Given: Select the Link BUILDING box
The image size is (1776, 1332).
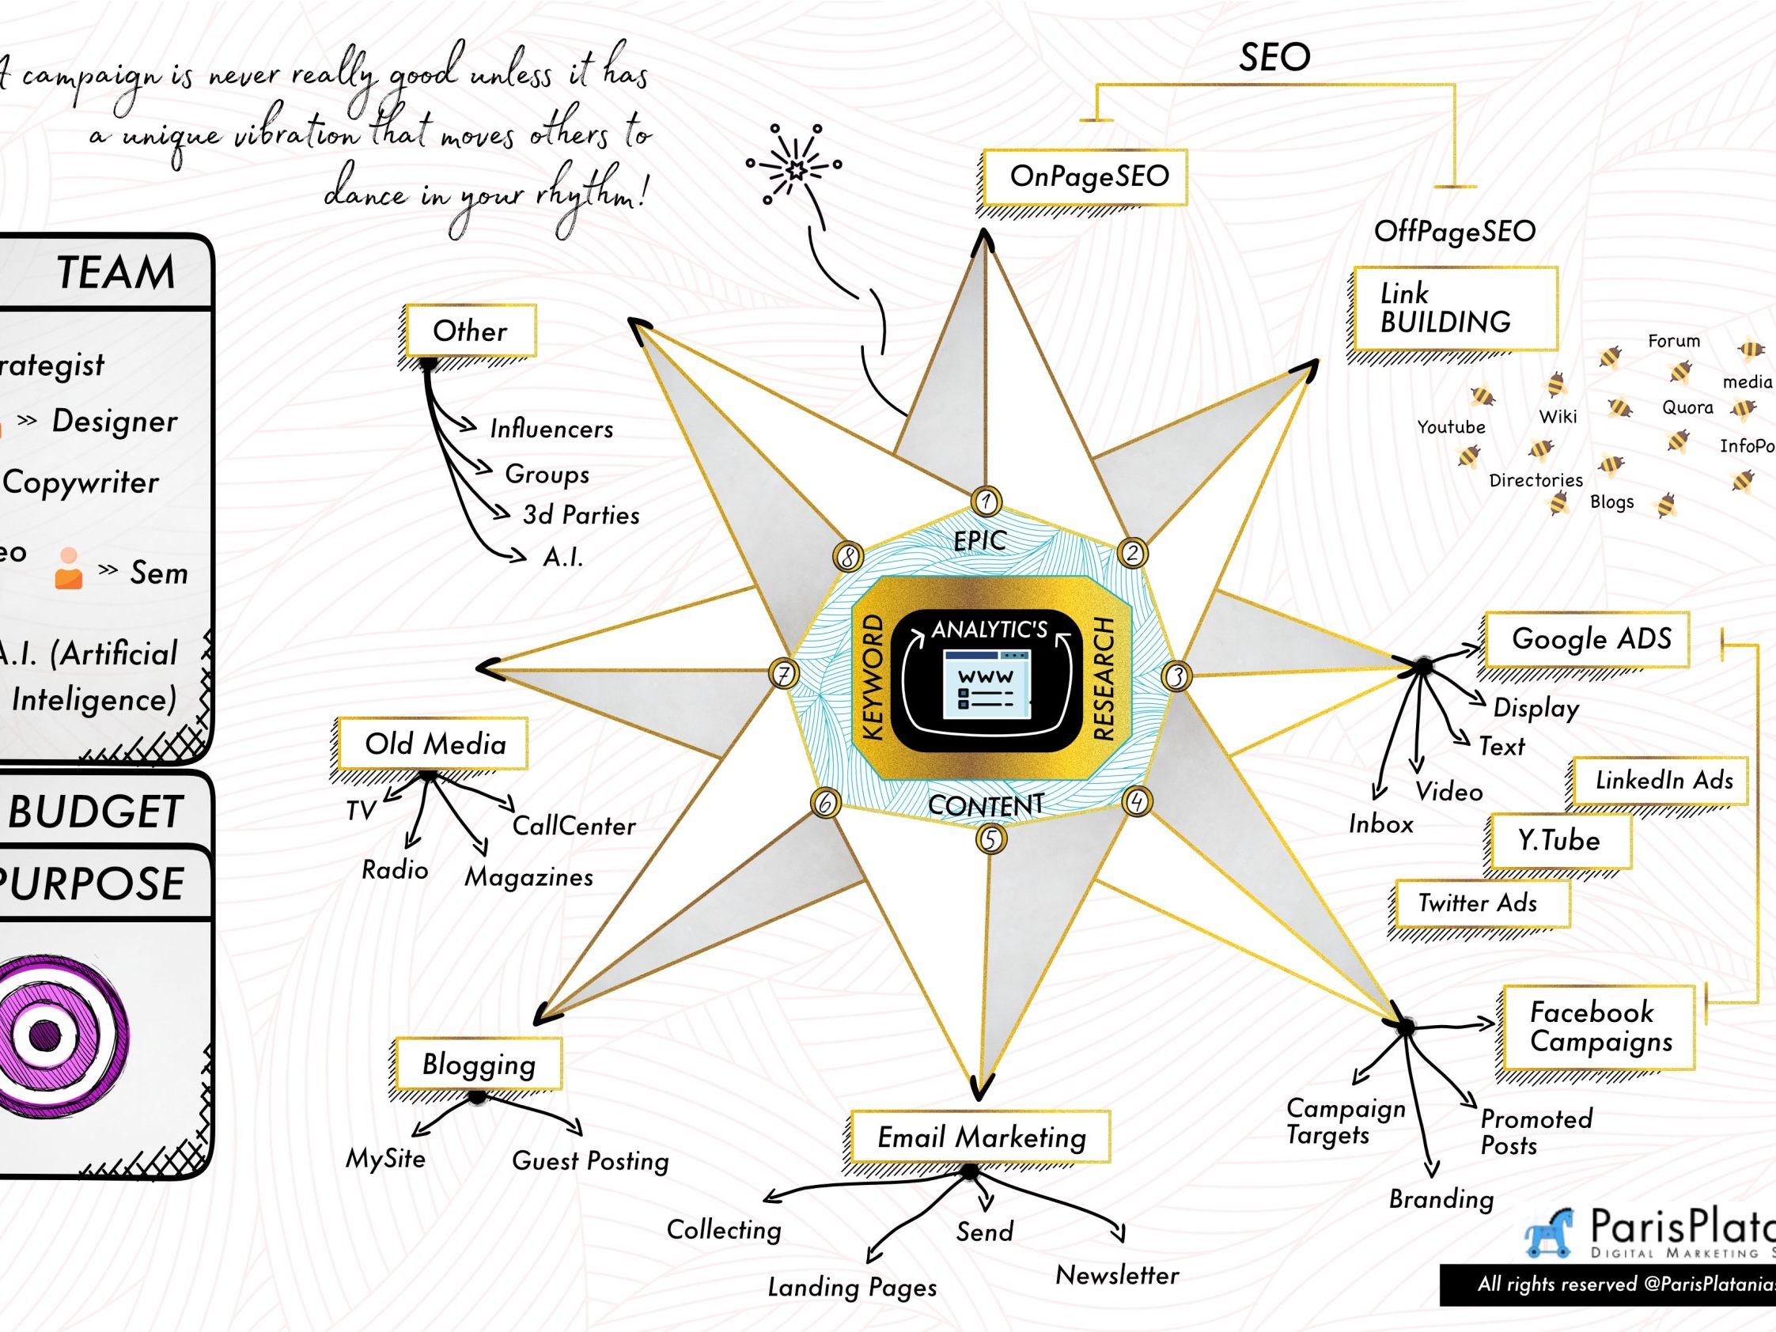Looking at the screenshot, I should click(1455, 308).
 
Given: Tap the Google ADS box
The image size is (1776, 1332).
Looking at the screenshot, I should click(1586, 639).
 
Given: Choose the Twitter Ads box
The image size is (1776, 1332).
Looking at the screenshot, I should click(1479, 903).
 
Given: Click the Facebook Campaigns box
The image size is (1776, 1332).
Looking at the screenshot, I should click(1598, 1027).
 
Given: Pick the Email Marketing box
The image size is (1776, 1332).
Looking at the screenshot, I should click(980, 1137).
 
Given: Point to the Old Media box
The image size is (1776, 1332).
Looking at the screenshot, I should click(433, 744).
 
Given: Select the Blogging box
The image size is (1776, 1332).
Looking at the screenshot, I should click(479, 1065).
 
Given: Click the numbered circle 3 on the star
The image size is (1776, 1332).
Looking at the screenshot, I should click(1176, 677).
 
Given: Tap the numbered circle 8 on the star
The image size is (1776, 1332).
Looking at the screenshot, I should click(849, 555).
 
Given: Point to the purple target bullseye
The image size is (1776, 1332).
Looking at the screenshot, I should click(47, 1035).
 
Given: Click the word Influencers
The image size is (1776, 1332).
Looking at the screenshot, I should click(551, 429).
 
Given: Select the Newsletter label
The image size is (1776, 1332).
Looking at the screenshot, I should click(1117, 1275).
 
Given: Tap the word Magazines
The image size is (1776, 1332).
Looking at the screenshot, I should click(529, 876).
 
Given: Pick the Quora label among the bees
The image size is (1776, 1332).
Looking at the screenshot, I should click(1687, 408).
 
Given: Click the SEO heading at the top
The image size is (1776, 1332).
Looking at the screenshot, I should click(1274, 58).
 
